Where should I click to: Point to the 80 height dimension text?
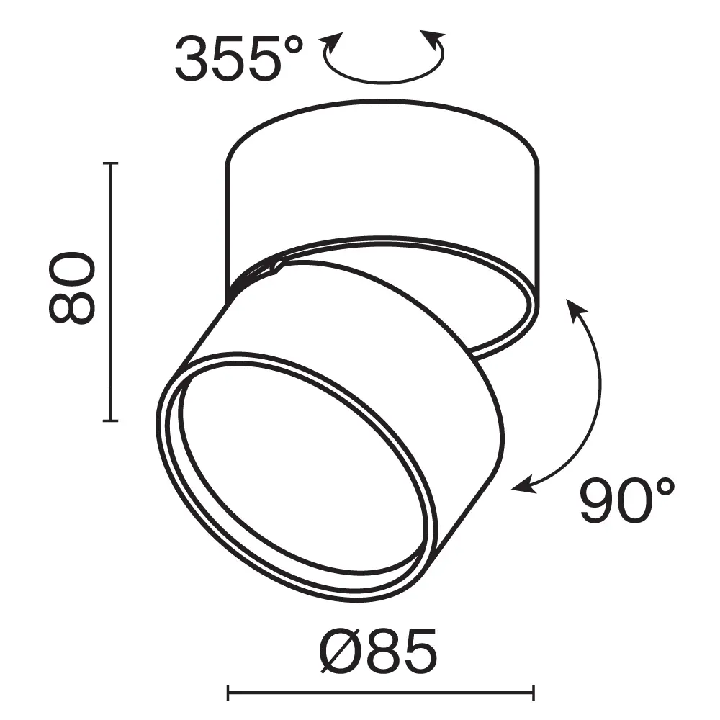pos(72,287)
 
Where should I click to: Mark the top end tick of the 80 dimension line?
pos(109,164)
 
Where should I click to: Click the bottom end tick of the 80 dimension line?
pos(109,420)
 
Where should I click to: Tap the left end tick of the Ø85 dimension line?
pos(228,693)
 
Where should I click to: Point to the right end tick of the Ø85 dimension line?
pos(534,693)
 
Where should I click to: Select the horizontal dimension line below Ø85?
pos(381,693)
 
